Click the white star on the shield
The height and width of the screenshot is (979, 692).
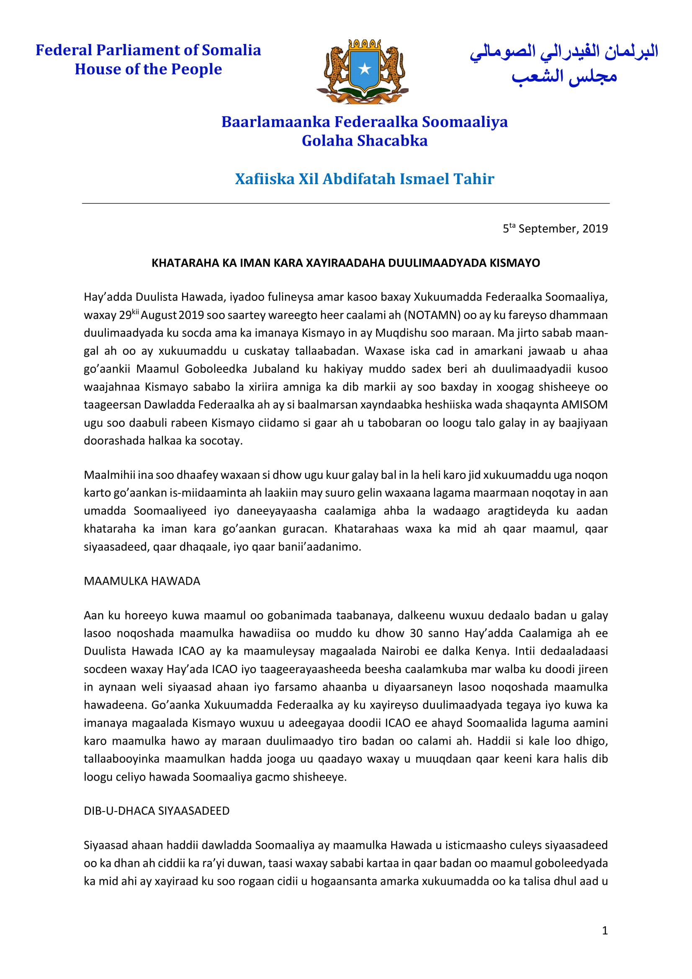(x=364, y=69)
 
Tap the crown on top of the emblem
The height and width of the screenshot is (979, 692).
(x=364, y=44)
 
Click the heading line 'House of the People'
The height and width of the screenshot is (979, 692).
(x=148, y=69)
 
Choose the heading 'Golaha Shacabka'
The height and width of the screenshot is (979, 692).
(x=364, y=141)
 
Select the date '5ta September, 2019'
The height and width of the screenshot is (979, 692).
(x=555, y=229)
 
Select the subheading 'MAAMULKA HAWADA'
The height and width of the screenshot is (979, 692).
(x=141, y=581)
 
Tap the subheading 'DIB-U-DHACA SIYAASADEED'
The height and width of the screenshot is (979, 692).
(x=156, y=811)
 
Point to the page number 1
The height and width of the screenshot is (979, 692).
(x=604, y=930)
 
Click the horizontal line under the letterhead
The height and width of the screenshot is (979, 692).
(x=345, y=203)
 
